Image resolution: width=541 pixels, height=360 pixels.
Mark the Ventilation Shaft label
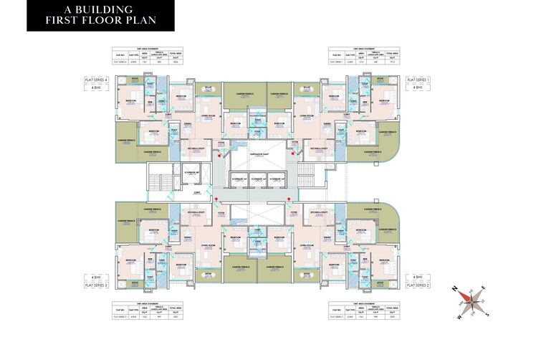pyautogui.click(x=259, y=152)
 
